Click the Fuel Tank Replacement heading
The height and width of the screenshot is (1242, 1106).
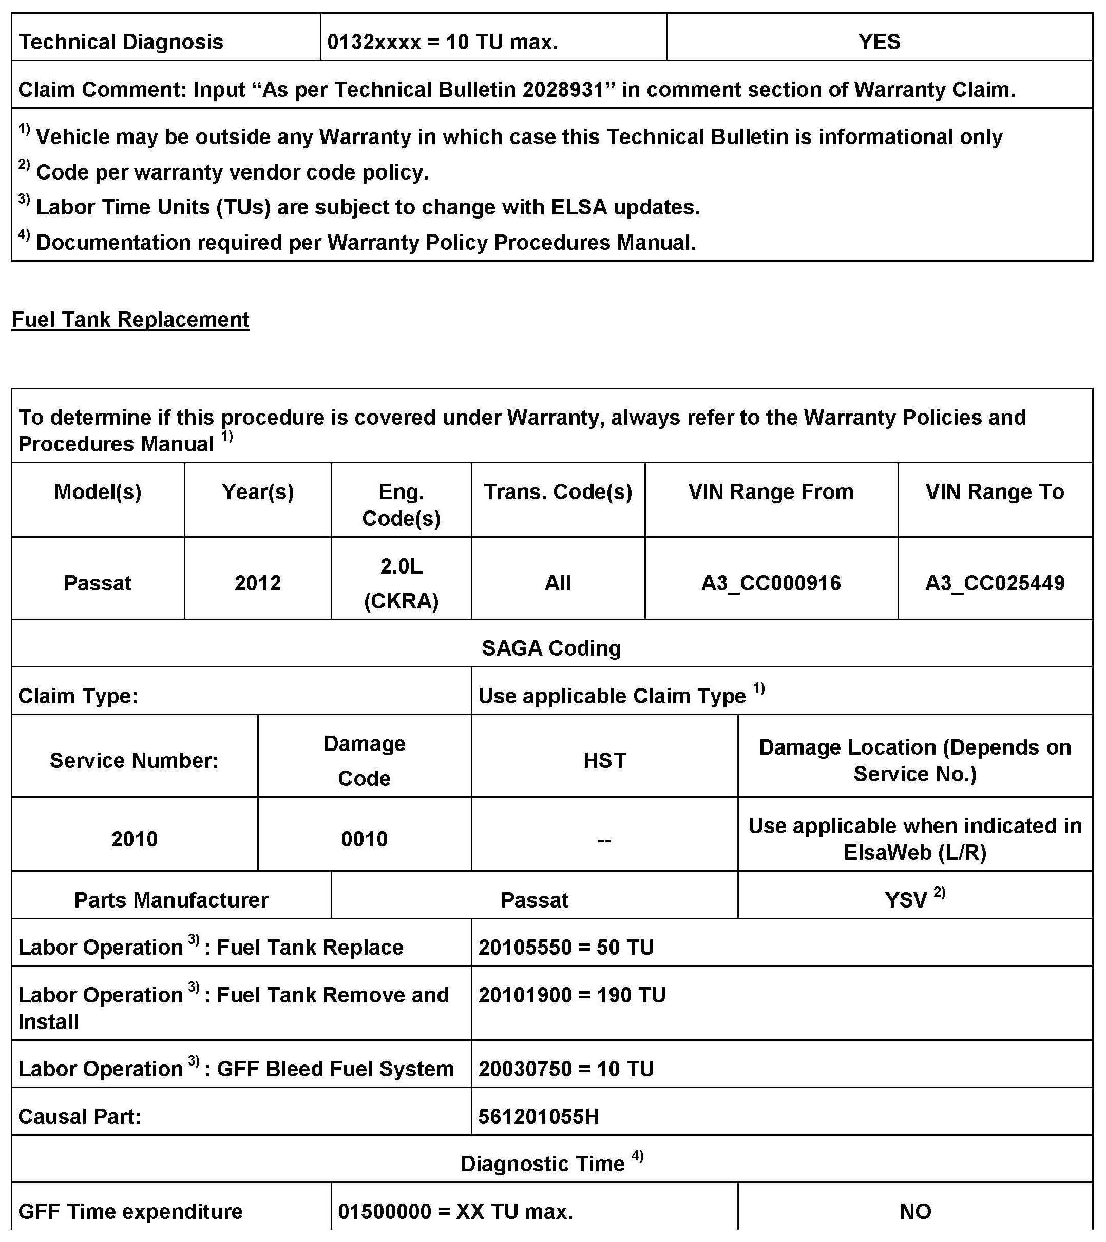click(130, 320)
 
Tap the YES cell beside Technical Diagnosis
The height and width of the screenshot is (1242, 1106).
click(879, 42)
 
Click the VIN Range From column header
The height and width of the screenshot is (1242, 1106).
click(770, 491)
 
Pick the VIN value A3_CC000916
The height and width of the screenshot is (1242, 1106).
click(770, 583)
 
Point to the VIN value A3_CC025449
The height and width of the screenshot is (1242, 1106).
click(994, 583)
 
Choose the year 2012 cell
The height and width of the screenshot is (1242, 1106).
click(258, 583)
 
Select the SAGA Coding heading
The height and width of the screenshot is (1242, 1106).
click(551, 648)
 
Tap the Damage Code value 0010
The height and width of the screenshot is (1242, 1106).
click(364, 839)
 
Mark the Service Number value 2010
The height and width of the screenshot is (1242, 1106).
click(135, 839)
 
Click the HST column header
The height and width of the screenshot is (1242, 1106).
click(604, 761)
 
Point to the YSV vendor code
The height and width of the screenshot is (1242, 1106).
click(906, 900)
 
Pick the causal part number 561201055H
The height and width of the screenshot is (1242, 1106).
click(539, 1116)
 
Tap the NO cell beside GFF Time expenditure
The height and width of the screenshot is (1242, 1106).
click(915, 1212)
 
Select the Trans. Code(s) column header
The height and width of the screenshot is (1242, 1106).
click(558, 491)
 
